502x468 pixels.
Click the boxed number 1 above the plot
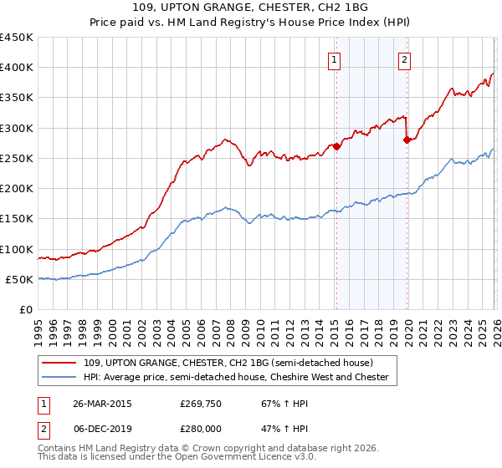(x=335, y=59)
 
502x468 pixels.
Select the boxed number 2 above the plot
(x=404, y=59)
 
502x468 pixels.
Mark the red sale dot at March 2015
(x=336, y=146)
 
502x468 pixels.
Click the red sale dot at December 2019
(x=407, y=140)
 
